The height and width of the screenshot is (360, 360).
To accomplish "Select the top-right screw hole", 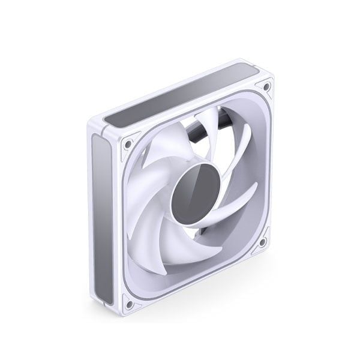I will coord(266,89).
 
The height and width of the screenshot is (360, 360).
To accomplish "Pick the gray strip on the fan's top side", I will coord(180,99).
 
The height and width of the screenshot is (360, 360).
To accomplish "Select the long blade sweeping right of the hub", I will coord(237,198).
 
